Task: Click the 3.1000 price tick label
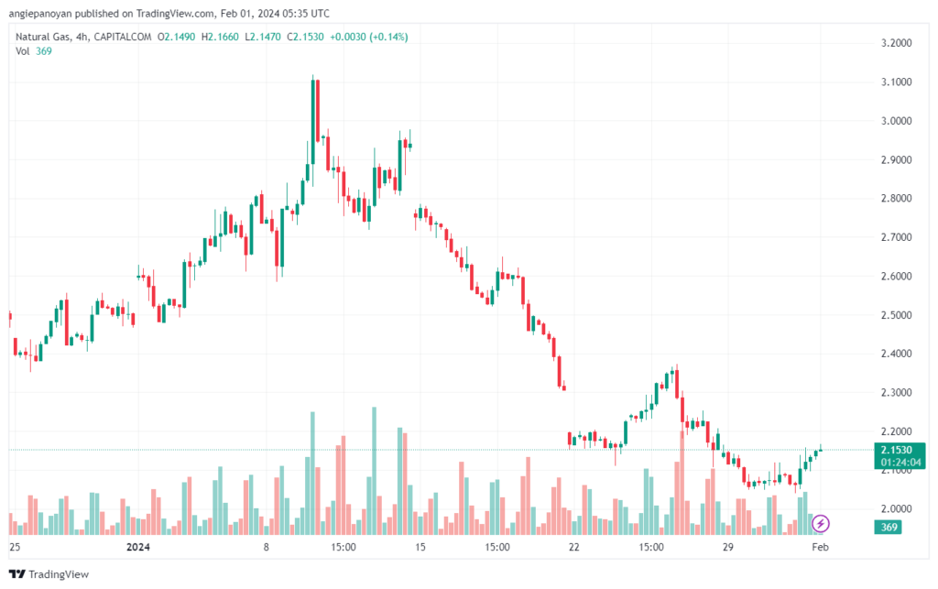point(896,82)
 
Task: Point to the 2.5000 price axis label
point(896,315)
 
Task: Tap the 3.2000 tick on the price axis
point(896,43)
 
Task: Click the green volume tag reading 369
point(889,527)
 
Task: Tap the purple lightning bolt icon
point(820,524)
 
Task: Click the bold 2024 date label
point(138,547)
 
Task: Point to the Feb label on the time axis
point(820,547)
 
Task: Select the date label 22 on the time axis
point(574,547)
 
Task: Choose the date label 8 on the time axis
point(267,547)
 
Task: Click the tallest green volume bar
point(375,471)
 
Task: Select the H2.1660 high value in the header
point(220,37)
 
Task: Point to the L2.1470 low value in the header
point(263,37)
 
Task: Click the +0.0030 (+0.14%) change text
point(369,37)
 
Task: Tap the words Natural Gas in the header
point(42,37)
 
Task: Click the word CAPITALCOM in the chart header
point(123,37)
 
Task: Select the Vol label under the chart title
point(23,51)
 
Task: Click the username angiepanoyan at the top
point(40,13)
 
